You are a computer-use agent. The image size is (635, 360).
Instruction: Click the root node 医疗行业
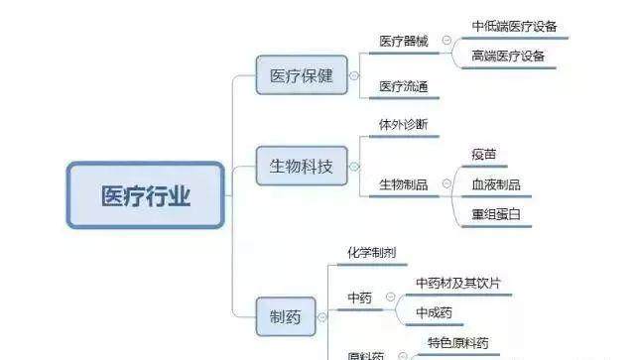coord(146,196)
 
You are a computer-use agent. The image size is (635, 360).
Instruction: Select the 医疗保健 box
coord(302,74)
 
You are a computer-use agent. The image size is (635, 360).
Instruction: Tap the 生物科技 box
coord(302,165)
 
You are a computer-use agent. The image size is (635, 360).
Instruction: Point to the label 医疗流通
coord(404,87)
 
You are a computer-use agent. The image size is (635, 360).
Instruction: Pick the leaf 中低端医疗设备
coord(515,26)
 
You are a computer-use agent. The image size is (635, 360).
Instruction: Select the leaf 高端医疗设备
coord(509,56)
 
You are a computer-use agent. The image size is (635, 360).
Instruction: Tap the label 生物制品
coord(404,184)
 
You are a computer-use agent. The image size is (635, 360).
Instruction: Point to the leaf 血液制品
coord(495,184)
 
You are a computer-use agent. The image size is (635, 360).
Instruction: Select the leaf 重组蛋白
coord(495,214)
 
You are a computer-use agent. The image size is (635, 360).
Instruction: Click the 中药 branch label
coord(359,298)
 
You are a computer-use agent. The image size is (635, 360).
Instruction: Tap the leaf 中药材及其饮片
coord(457,283)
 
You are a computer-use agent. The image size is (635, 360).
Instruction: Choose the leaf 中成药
coord(434,312)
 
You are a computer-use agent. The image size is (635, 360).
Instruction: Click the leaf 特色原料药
coord(457,343)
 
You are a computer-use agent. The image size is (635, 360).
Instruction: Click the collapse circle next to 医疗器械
coord(446,42)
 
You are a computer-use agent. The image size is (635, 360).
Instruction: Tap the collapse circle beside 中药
coord(390,298)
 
